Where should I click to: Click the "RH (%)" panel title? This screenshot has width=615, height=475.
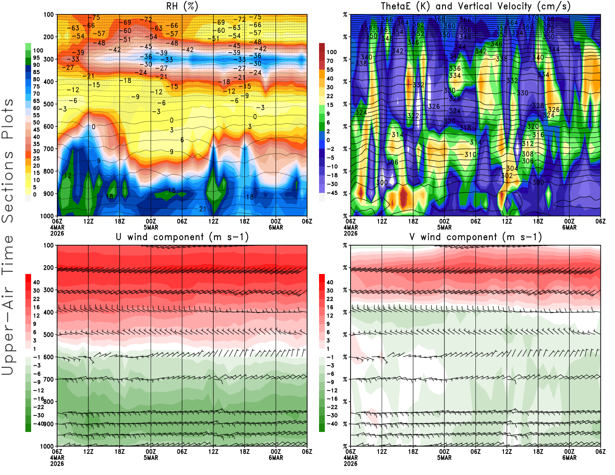pyautogui.click(x=182, y=6)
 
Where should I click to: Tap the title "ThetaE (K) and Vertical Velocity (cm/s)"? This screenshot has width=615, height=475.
pyautogui.click(x=475, y=6)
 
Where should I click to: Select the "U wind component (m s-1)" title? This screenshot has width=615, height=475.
pyautogui.click(x=182, y=237)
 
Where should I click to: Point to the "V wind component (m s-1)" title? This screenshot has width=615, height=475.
pyautogui.click(x=475, y=237)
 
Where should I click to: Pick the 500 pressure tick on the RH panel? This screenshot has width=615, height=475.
pyautogui.click(x=49, y=104)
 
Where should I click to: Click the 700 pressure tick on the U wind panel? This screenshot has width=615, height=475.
pyautogui.click(x=49, y=379)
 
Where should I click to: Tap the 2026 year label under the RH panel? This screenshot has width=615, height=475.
pyautogui.click(x=57, y=233)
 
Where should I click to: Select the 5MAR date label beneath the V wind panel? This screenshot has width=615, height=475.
pyautogui.click(x=444, y=458)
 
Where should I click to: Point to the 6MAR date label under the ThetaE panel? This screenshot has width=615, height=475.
pyautogui.click(x=569, y=228)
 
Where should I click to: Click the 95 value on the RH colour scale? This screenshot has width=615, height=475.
pyautogui.click(x=36, y=58)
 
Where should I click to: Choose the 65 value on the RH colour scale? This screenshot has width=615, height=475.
pyautogui.click(x=36, y=101)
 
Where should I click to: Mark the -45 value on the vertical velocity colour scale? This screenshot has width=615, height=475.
pyautogui.click(x=331, y=193)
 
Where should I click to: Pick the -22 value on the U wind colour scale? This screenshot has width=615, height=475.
pyautogui.click(x=38, y=407)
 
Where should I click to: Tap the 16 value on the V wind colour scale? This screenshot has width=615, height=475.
pyautogui.click(x=330, y=307)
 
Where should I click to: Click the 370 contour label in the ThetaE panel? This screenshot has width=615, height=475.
pyautogui.click(x=533, y=18)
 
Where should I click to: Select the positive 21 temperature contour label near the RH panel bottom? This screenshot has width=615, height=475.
pyautogui.click(x=203, y=209)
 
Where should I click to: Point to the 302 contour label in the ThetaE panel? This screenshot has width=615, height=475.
pyautogui.click(x=507, y=176)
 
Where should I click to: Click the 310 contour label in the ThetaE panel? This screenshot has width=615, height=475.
pyautogui.click(x=470, y=154)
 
